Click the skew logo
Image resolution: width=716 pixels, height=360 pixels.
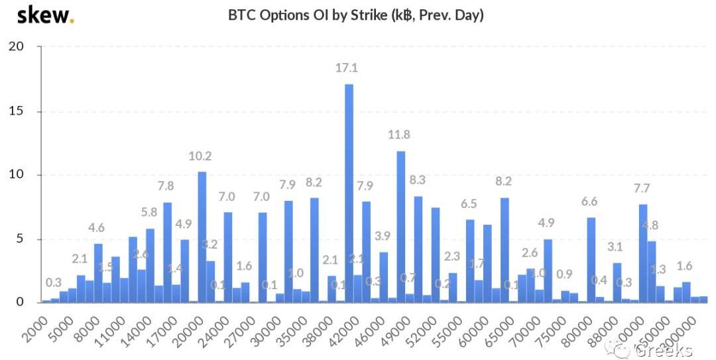[x=44, y=15]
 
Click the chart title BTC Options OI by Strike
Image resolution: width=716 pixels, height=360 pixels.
[x=356, y=15]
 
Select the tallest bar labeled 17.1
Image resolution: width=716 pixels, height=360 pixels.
[x=349, y=192]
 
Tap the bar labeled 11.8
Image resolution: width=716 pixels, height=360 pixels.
[x=400, y=226]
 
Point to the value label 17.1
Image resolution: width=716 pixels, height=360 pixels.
[x=348, y=68]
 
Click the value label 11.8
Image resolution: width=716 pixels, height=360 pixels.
[x=399, y=135]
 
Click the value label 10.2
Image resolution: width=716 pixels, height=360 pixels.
[x=200, y=156]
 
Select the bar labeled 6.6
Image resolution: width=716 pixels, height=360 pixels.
[x=591, y=259]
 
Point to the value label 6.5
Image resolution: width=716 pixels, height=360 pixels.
[x=469, y=204]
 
